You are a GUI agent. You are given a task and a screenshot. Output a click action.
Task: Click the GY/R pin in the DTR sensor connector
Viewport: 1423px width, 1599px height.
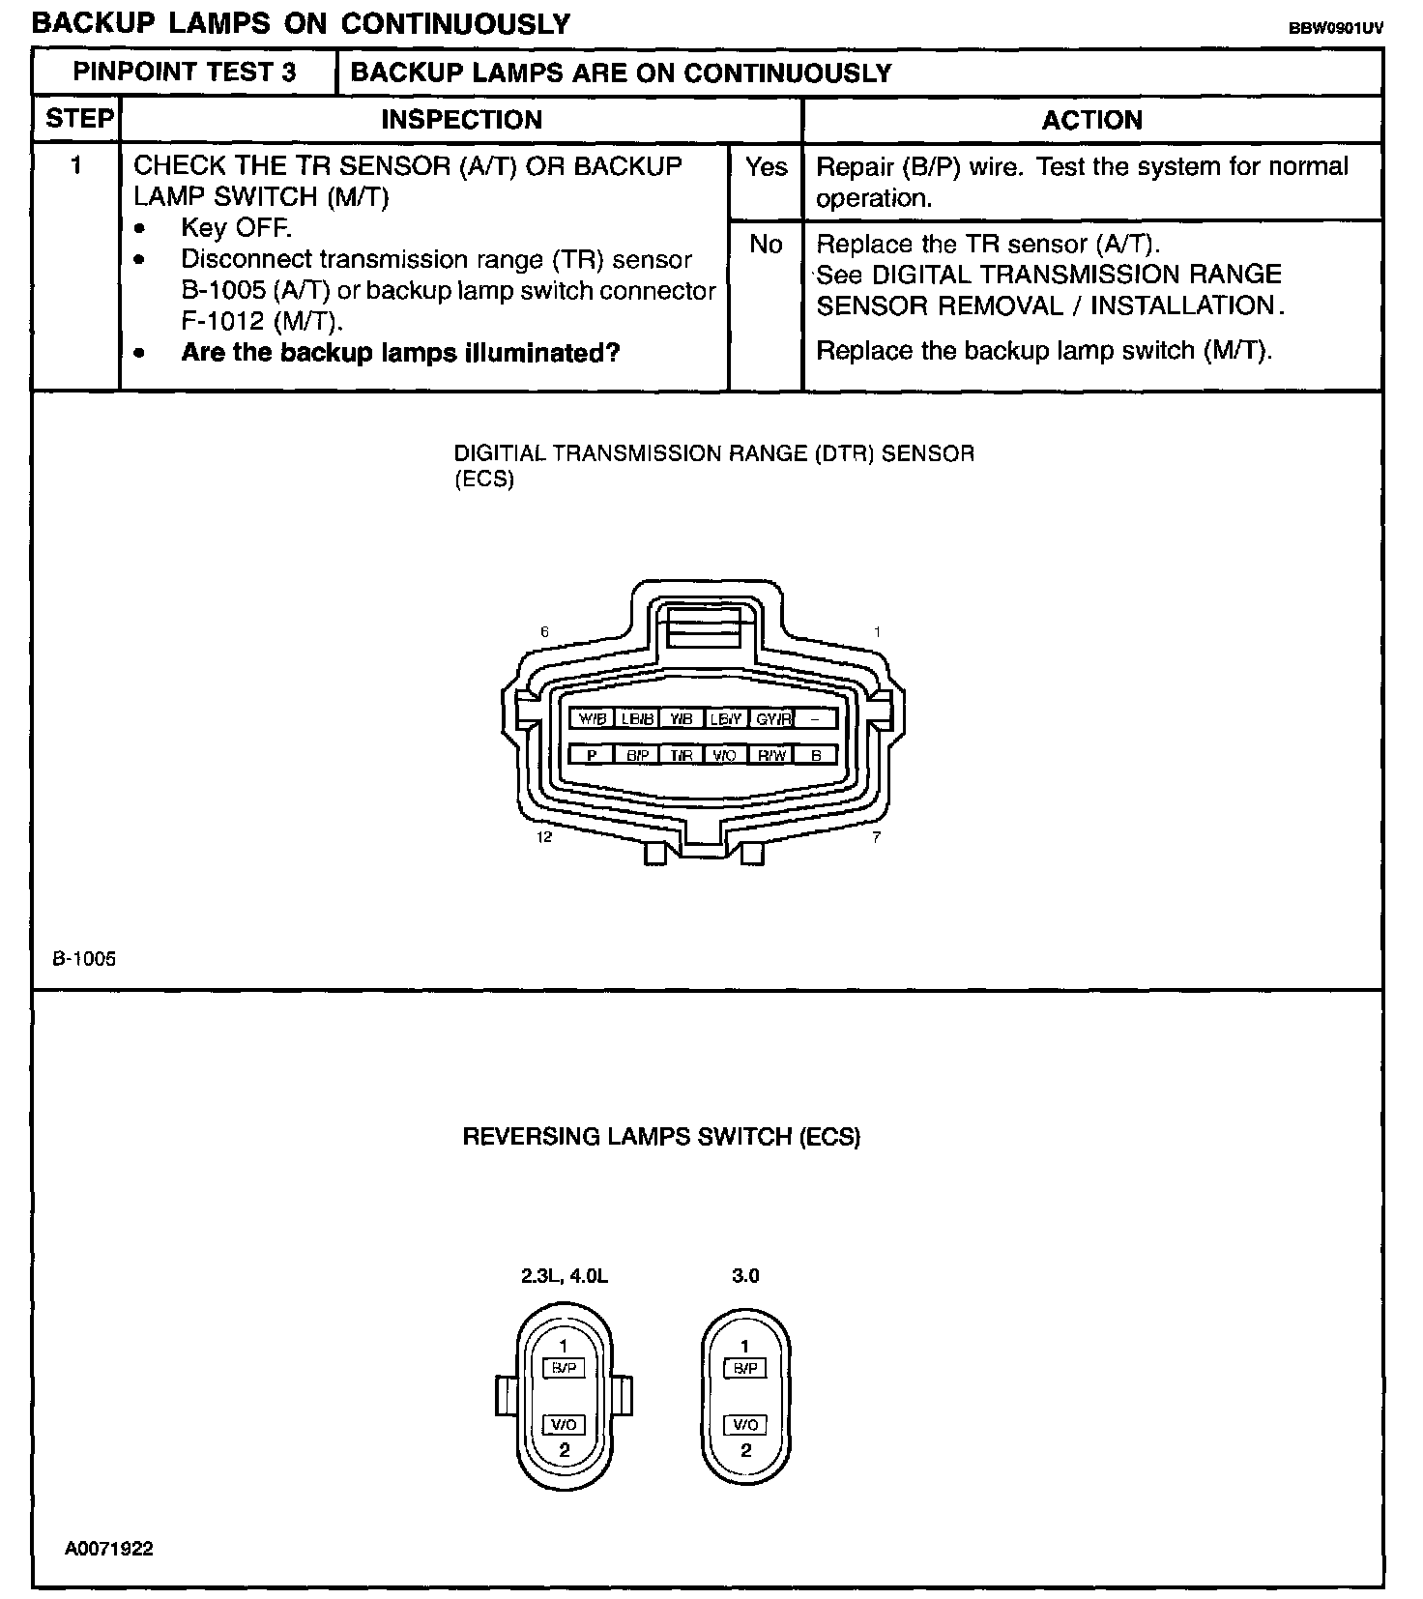tap(772, 718)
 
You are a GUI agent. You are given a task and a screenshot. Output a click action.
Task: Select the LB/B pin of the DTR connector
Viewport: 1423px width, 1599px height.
tap(638, 718)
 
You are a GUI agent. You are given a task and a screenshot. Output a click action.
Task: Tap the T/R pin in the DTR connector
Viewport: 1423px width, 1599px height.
tap(682, 755)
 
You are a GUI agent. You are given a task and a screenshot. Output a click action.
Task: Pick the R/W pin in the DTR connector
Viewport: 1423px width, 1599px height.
tap(771, 755)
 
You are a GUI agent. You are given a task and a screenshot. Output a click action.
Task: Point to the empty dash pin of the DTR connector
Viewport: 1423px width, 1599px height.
tap(815, 718)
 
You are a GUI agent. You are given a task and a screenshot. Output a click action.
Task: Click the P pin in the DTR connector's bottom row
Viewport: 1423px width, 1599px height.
tap(592, 755)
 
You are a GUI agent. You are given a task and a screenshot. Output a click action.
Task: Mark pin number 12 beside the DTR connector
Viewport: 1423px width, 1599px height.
tap(544, 837)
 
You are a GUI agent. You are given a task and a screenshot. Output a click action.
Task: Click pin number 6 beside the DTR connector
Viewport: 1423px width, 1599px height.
tap(545, 632)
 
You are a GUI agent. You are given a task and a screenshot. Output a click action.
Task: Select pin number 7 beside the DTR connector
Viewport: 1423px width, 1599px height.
tap(876, 837)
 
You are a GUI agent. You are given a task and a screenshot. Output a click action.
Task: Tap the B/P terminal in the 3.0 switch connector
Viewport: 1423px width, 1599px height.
tap(745, 1368)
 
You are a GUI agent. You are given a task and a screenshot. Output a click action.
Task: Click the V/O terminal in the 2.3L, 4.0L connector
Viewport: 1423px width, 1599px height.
tap(565, 1424)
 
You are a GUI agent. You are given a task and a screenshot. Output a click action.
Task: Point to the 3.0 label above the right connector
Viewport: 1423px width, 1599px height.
tap(745, 1275)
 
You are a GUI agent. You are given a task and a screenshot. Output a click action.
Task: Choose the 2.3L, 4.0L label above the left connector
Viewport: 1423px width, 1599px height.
tap(565, 1275)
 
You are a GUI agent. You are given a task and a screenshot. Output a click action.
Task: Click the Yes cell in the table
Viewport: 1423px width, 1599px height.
tap(766, 167)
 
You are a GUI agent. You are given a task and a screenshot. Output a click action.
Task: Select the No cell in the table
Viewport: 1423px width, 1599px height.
tap(766, 245)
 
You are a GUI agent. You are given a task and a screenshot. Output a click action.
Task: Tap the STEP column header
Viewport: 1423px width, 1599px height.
tap(79, 119)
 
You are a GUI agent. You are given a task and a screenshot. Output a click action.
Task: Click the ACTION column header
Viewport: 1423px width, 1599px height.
tap(1092, 120)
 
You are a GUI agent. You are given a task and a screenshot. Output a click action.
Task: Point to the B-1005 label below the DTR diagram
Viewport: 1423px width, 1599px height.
tap(84, 959)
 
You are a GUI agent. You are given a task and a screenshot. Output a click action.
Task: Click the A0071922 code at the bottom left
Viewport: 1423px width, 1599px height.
tap(109, 1549)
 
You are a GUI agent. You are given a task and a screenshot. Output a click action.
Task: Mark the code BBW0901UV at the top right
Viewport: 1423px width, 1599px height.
tap(1335, 28)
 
